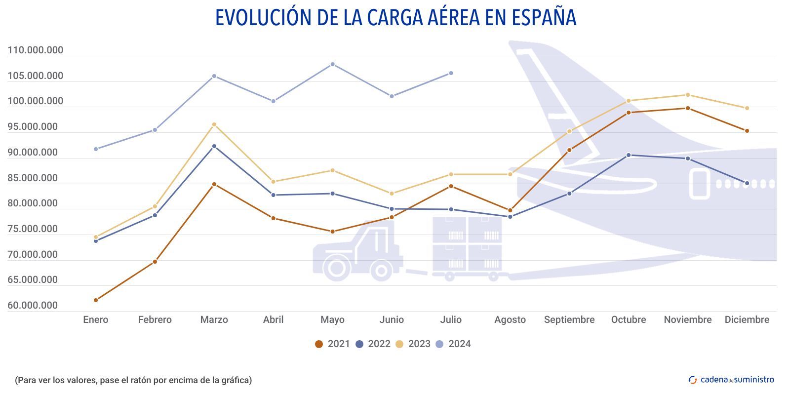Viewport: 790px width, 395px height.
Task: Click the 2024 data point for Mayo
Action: coord(332,64)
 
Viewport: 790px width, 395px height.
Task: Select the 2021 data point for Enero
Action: coord(96,300)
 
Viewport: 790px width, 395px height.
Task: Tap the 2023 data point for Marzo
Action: coord(214,124)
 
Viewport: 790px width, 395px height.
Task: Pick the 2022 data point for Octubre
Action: coord(629,155)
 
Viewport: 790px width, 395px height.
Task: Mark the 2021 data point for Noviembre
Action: coord(688,108)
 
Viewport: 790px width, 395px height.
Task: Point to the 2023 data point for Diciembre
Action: coord(747,108)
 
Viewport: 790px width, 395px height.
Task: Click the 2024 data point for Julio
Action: coord(451,73)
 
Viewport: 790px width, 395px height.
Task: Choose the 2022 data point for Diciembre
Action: coord(747,183)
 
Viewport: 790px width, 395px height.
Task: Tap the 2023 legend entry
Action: coord(413,344)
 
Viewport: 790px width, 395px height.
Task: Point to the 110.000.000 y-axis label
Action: coord(36,50)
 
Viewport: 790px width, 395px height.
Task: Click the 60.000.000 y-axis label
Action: coord(33,306)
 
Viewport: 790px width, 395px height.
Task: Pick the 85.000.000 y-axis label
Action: coord(33,178)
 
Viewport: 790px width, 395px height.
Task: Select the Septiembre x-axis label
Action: coord(569,320)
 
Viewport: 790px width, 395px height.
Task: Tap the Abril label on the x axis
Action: coord(273,320)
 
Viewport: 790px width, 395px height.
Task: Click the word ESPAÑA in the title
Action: coord(544,18)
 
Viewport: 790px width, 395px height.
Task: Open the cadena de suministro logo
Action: coord(731,380)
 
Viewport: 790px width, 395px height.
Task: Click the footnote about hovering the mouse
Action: coord(133,380)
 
